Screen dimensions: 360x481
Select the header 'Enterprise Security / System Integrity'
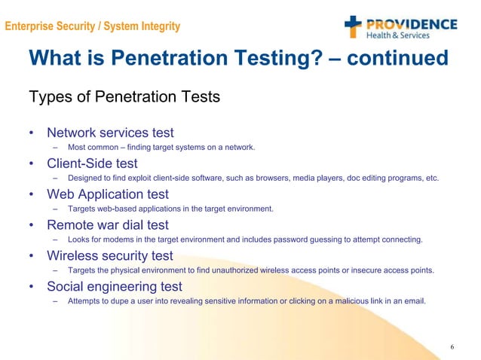92,27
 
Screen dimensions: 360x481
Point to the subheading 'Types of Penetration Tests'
124,97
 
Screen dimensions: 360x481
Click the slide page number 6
452,346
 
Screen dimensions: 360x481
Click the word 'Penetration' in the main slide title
204,58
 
